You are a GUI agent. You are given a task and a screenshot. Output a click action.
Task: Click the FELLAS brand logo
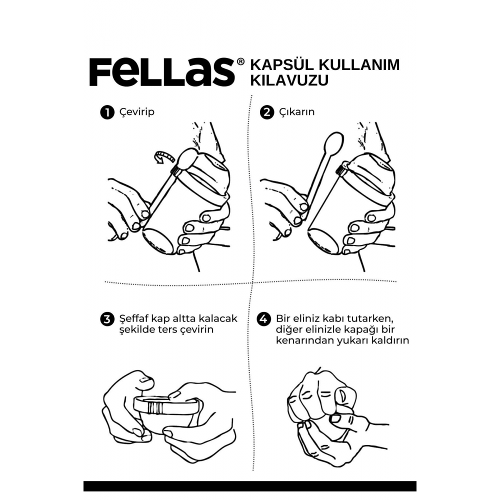click(x=162, y=72)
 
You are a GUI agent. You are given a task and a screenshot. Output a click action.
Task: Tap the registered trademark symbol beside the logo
click(x=241, y=61)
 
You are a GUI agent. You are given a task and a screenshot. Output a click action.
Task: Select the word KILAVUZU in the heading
click(x=289, y=80)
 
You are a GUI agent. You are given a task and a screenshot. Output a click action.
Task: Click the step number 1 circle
click(x=107, y=112)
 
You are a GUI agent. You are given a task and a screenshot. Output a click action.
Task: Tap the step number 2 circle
click(x=267, y=112)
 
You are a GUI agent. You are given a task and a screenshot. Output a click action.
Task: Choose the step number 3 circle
click(x=107, y=319)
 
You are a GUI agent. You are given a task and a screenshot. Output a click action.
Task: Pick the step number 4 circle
click(x=263, y=319)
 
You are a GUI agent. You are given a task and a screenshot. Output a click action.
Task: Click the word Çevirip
click(x=137, y=112)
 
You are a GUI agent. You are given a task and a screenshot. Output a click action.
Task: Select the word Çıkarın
click(x=297, y=112)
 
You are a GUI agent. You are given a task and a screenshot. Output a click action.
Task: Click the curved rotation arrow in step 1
click(x=164, y=157)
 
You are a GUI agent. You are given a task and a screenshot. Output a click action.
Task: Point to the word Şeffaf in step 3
click(x=134, y=318)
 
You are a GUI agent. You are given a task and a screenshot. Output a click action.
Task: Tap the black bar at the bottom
click(x=250, y=486)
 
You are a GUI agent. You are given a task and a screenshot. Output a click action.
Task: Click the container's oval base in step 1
click(x=158, y=241)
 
